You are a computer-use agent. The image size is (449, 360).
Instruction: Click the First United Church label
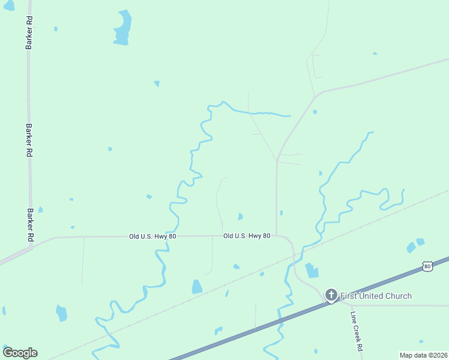coord(376,296)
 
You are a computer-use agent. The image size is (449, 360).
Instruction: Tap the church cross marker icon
coord(331,295)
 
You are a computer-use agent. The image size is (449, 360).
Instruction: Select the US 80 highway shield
coord(427,266)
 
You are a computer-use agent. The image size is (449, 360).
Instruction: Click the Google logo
coord(20,353)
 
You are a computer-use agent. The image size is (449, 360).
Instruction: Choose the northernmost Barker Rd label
coord(29,33)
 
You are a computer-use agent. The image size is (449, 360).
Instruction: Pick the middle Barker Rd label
coord(29,140)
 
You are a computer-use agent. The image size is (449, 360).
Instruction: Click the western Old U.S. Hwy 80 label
coord(152,237)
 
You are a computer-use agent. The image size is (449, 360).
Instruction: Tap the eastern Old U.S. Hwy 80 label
coord(247,236)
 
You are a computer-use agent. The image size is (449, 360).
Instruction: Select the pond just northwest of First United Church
coord(312,271)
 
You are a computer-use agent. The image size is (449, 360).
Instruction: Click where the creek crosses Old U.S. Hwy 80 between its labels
coord(176,236)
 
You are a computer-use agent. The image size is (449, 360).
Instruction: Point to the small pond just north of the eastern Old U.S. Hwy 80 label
coord(240,217)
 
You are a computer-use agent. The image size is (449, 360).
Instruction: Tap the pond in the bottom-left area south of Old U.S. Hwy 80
coord(61,313)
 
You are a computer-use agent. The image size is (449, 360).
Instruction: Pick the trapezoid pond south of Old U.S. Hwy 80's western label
coord(197,287)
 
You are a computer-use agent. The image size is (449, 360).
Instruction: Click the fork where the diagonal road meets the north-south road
coord(277,161)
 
